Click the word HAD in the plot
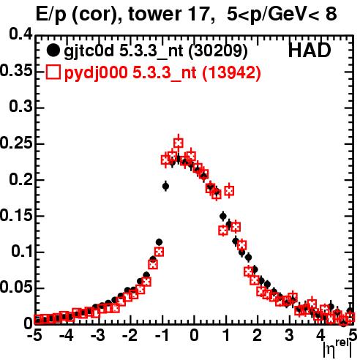[310, 50]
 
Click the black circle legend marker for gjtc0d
[53, 50]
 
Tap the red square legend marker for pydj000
[53, 72]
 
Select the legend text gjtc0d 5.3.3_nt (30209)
[155, 51]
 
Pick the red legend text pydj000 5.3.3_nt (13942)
[162, 72]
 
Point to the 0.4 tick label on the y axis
[21, 34]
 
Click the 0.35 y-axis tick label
[16, 71]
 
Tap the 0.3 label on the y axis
[21, 107]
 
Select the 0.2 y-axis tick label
[21, 179]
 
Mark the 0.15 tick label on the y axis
[16, 215]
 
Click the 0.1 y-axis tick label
[22, 252]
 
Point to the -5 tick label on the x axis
[34, 335]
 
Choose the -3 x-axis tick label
[98, 335]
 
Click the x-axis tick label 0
[194, 335]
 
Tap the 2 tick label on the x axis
[258, 335]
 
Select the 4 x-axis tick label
[320, 335]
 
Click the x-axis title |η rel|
[337, 349]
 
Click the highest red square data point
[179, 143]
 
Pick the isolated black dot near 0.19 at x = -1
[165, 187]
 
